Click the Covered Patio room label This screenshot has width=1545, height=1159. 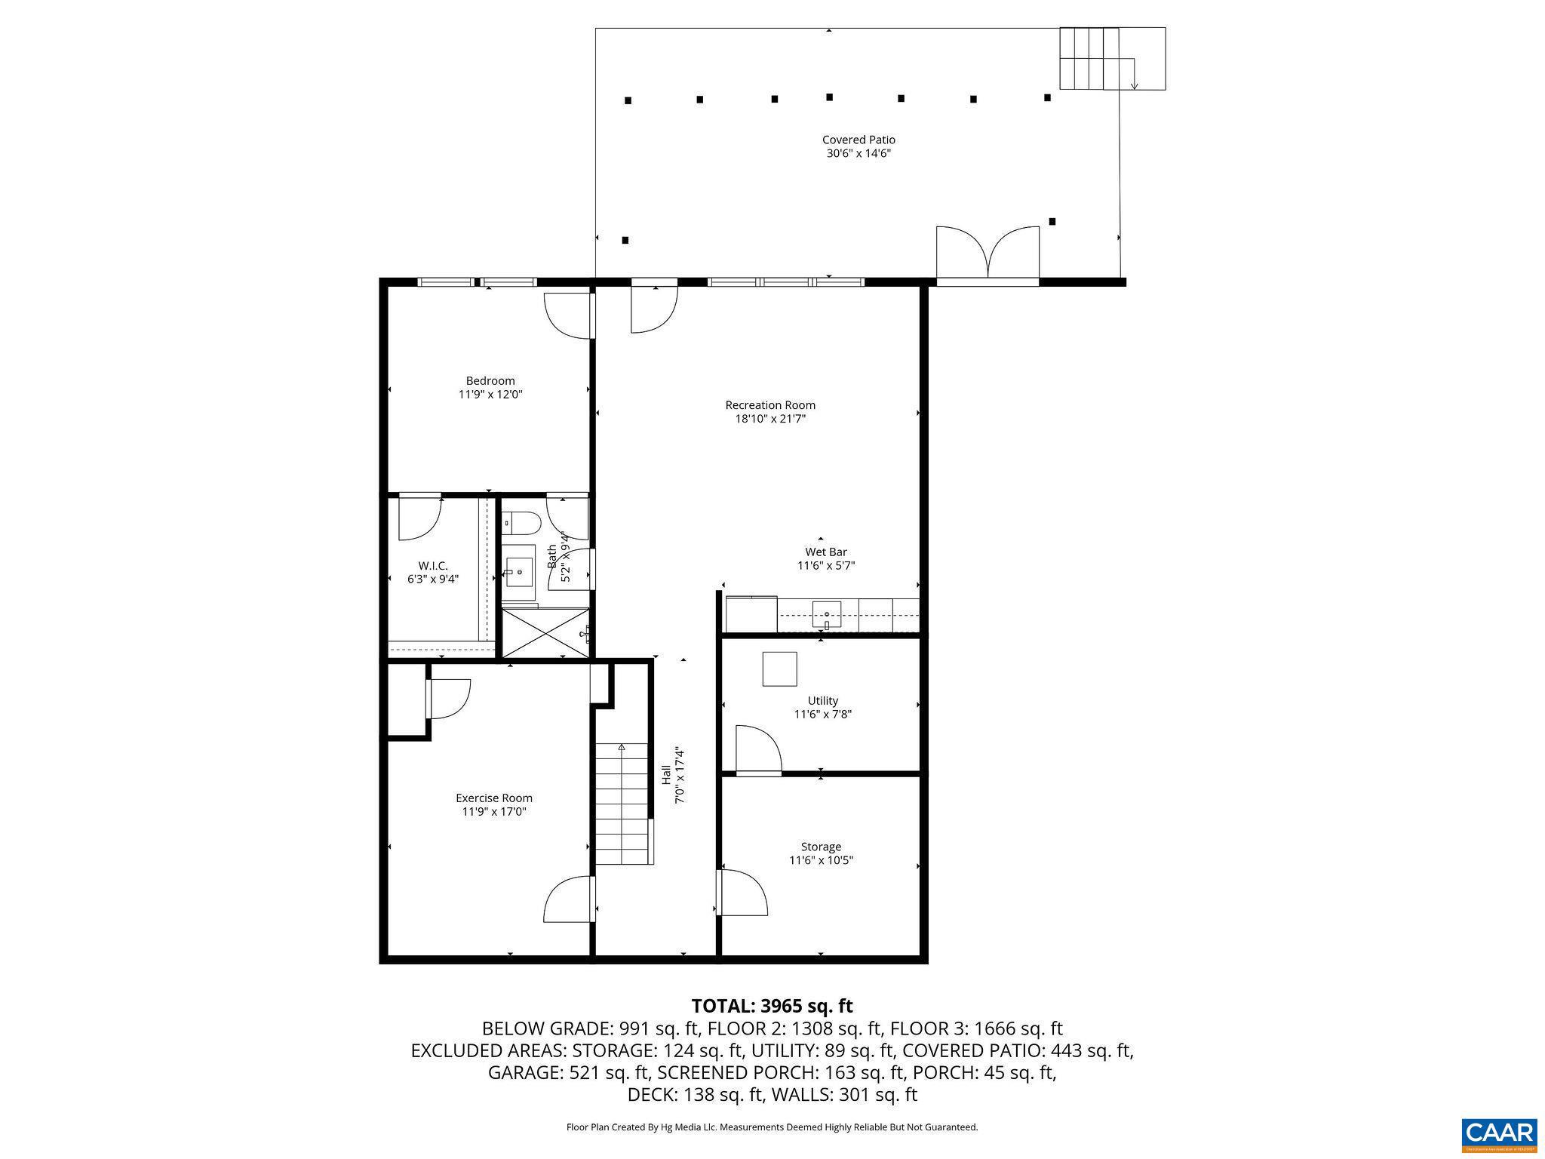[858, 140]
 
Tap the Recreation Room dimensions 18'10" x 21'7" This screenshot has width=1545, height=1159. [770, 419]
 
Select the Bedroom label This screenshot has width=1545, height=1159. [490, 381]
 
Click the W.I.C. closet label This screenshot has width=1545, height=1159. [432, 566]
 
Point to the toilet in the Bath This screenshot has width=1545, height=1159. [521, 521]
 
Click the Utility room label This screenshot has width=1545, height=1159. [822, 701]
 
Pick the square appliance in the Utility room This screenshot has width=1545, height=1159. [779, 669]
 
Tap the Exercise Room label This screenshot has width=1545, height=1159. [493, 798]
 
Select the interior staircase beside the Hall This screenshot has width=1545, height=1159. [622, 804]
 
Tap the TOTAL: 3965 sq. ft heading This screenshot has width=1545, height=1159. [772, 1006]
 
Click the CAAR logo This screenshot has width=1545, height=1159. [1498, 1133]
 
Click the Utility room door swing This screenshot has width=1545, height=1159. [757, 749]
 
